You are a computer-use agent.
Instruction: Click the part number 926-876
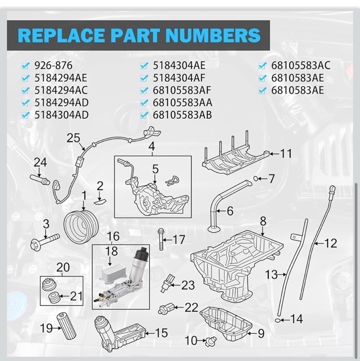point(53,66)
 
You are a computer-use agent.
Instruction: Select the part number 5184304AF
point(179,78)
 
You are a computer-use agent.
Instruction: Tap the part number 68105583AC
point(301,65)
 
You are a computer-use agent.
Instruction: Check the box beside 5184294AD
point(25,103)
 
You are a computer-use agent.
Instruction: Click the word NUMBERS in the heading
point(213,35)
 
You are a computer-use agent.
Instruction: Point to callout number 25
point(73,138)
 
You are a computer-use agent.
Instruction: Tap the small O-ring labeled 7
point(255,178)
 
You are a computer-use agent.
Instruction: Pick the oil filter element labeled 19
point(66,326)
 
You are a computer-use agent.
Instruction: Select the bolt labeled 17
point(161,239)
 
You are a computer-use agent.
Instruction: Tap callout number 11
point(285,153)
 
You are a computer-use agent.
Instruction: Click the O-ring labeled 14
point(278,320)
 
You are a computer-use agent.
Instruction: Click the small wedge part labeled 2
point(100,202)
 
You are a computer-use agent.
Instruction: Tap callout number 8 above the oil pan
point(263,221)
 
